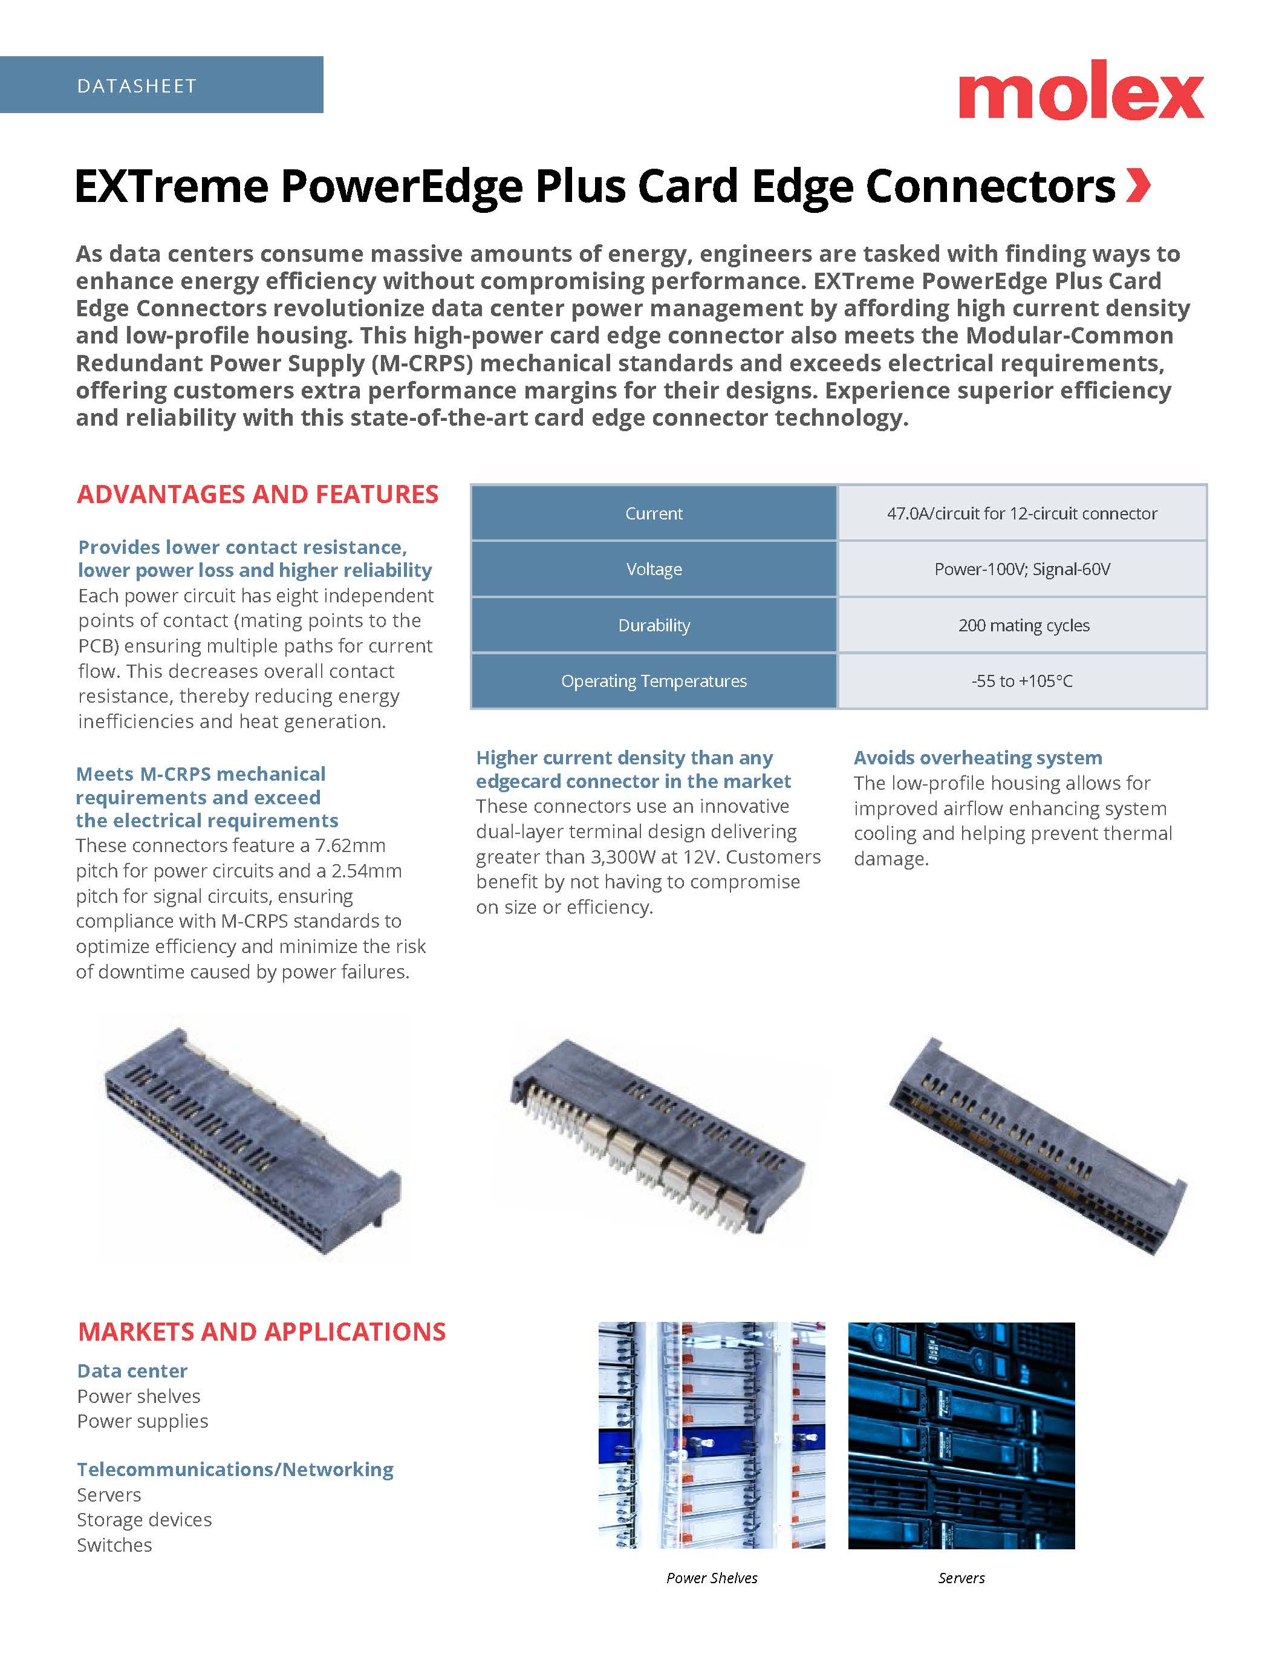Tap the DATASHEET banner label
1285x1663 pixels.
point(137,86)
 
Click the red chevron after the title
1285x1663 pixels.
point(1138,186)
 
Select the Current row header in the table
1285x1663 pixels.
point(653,513)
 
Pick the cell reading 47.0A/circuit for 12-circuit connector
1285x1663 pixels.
point(1021,513)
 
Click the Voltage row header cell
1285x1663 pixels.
point(653,569)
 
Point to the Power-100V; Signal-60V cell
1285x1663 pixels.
point(1021,569)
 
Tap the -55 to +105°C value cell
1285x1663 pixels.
point(1021,681)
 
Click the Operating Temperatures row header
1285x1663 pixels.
point(653,681)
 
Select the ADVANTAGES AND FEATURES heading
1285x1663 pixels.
point(258,494)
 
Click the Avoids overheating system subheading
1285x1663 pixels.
point(977,758)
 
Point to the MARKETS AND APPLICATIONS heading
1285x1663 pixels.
point(261,1332)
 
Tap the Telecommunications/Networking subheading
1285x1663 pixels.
point(235,1469)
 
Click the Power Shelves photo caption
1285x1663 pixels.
point(712,1578)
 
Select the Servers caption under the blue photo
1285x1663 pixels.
point(961,1578)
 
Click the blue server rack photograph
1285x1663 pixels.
point(961,1436)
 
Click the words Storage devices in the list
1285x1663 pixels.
point(144,1520)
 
